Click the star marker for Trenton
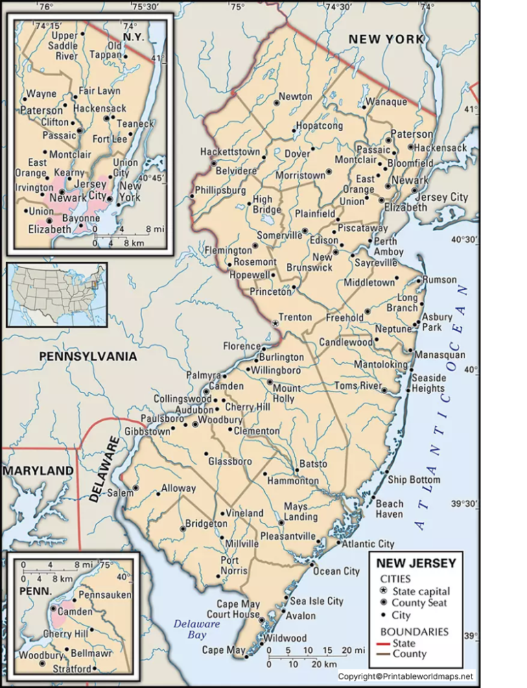(x=276, y=322)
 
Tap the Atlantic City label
(x=368, y=543)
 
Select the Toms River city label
(x=358, y=386)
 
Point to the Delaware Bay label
(x=196, y=629)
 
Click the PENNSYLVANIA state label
(x=88, y=357)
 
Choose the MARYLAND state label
(x=38, y=471)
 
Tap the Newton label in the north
(x=295, y=97)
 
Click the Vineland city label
(x=245, y=513)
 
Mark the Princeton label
(x=270, y=292)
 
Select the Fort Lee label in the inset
(x=110, y=139)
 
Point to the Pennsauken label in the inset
(x=104, y=595)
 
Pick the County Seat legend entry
(x=419, y=603)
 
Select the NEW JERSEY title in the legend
(x=416, y=563)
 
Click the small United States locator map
(x=57, y=294)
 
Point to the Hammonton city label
(x=293, y=481)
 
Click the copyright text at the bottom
(x=406, y=676)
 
